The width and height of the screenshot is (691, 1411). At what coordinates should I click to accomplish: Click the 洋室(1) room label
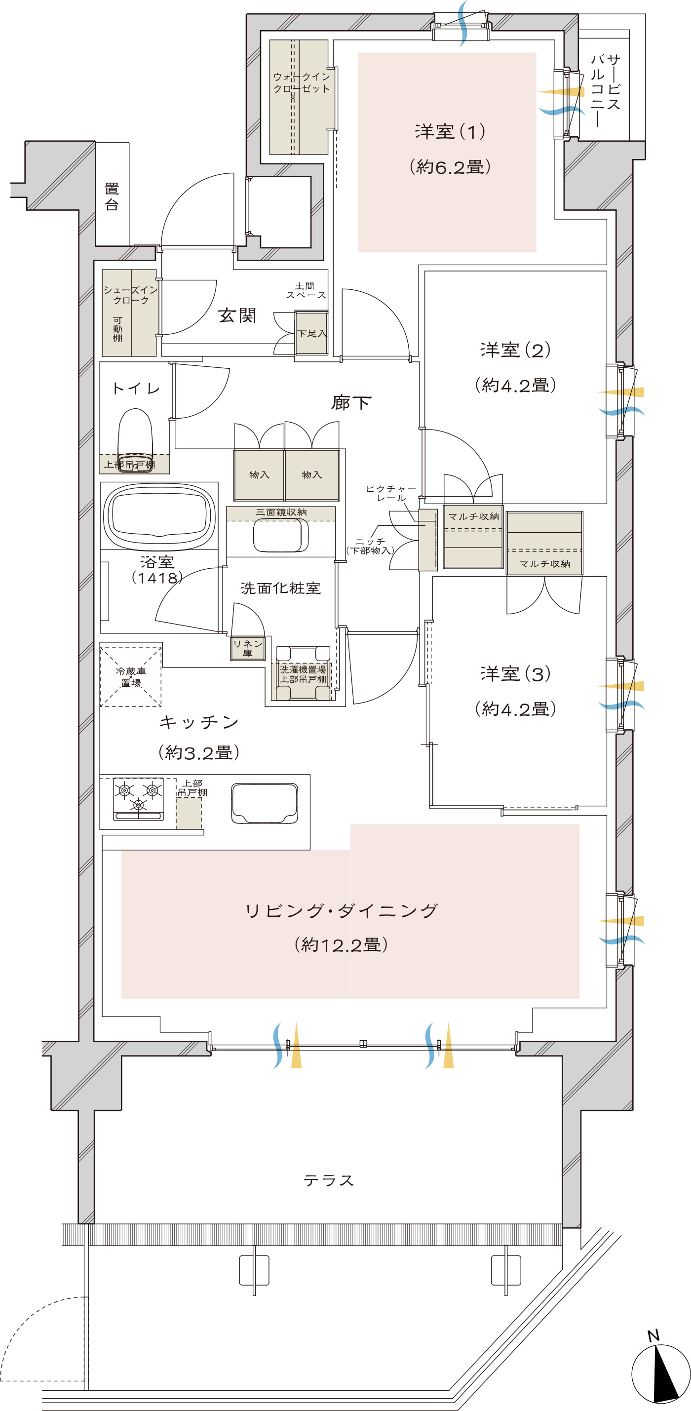pos(450,131)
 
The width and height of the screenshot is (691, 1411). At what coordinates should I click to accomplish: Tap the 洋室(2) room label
pos(515,350)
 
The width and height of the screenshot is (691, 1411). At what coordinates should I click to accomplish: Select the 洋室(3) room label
pos(515,674)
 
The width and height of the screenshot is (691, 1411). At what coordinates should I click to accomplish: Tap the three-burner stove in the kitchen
pos(139,799)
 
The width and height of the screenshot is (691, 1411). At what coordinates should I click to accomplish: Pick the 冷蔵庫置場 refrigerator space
pos(131,677)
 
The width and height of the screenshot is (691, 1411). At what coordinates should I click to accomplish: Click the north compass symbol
pos(661,1372)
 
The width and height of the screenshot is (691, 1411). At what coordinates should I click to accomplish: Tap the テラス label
pos(329,1180)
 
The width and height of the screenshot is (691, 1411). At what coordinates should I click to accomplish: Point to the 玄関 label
pos(236,315)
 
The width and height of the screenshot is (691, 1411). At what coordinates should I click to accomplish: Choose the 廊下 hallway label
pos(351,402)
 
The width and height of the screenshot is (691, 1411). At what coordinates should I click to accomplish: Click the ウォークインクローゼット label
pos(301,82)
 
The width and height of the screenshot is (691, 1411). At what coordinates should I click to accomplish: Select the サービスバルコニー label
pos(606,90)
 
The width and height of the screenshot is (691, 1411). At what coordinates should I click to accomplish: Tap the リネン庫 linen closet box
pos(247,649)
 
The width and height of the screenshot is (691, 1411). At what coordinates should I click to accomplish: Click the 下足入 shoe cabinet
pos(311,333)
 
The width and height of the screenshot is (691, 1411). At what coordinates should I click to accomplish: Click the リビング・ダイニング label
pos(341,911)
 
